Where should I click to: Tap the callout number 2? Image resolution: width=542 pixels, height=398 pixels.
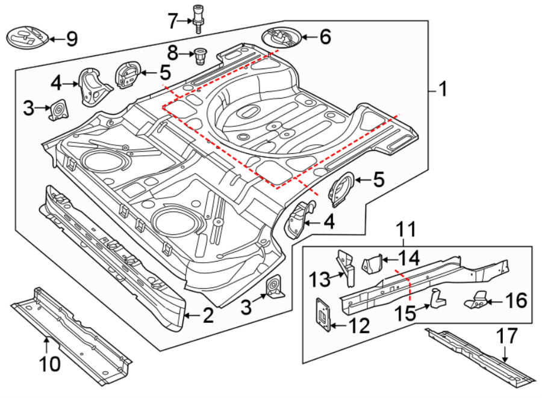(x=208, y=315)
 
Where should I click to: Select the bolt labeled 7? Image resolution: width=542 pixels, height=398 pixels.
(x=198, y=17)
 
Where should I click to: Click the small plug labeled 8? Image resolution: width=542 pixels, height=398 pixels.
(x=200, y=57)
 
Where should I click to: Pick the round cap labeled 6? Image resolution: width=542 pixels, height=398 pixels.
(x=281, y=38)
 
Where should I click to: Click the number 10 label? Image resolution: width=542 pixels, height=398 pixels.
(x=51, y=363)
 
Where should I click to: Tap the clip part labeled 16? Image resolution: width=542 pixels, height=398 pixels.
(x=478, y=299)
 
